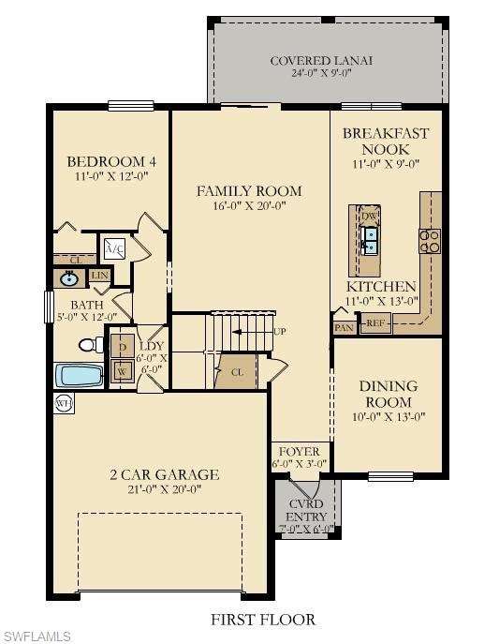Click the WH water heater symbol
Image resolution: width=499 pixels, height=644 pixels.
point(64,403)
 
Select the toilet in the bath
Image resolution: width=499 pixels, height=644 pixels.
point(90,345)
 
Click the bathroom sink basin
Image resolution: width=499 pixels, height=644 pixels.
point(68,278)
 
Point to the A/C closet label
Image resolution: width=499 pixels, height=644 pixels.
point(114,248)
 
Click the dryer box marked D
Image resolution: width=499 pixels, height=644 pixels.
point(122,347)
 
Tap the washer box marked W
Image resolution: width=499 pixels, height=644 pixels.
point(122,370)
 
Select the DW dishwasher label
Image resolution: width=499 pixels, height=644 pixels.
point(369,215)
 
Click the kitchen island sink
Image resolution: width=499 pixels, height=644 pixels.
point(371,240)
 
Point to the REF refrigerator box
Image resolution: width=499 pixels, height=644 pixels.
point(375,323)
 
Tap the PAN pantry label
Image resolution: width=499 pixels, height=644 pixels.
point(343,327)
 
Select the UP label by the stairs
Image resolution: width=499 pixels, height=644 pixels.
point(279,332)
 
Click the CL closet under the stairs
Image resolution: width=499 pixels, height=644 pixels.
point(237,372)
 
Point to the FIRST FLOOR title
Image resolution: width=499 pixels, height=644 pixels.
point(262,619)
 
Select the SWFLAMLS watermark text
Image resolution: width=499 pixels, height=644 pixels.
point(36,637)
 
